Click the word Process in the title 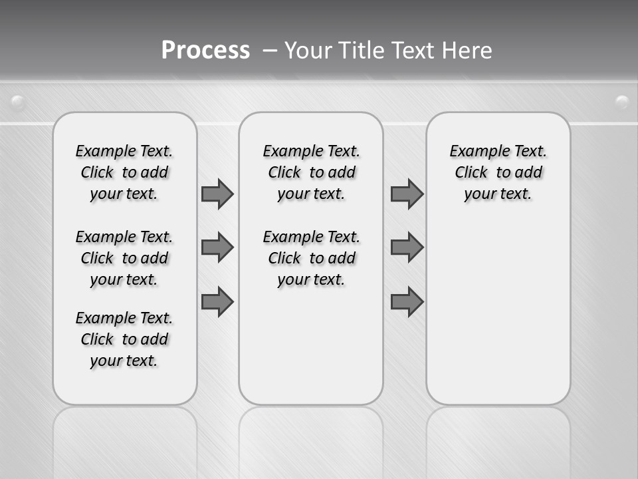tap(205, 51)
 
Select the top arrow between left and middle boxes tap(217, 194)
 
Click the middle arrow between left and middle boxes tap(217, 247)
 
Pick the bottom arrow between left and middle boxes tap(217, 301)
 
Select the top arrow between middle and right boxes tap(407, 194)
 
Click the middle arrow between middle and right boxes tap(407, 247)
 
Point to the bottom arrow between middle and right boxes tap(407, 301)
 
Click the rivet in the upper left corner tap(18, 102)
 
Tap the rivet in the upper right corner tap(622, 102)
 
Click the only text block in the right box tap(498, 172)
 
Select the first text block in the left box tap(124, 172)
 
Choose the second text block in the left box tap(124, 258)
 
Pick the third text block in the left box tap(124, 339)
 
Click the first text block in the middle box tap(311, 172)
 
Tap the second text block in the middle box tap(311, 258)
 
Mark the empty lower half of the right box tap(498, 319)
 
